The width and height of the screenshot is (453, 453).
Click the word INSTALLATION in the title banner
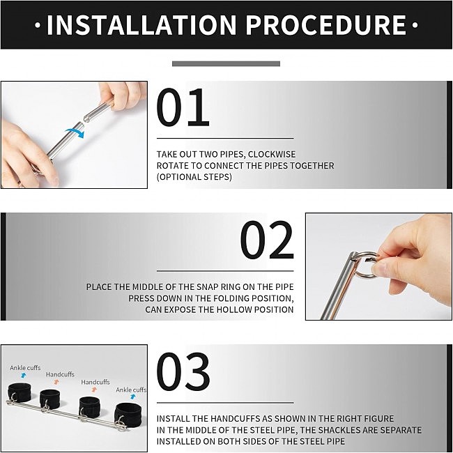141,25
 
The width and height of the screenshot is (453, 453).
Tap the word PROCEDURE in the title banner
326,25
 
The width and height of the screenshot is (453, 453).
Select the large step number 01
183,107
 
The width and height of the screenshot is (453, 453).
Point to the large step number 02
267,240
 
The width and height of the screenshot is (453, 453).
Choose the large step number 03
183,371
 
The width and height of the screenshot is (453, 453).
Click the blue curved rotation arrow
75,132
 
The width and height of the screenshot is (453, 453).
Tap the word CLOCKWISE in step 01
272,154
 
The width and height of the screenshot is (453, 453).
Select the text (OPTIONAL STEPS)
194,176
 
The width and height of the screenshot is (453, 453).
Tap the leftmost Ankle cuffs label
25,368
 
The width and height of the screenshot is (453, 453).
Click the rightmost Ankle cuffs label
131,390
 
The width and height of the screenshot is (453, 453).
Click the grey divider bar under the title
226,63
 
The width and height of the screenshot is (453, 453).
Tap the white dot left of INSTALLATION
38,25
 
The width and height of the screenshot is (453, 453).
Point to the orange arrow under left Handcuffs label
56,382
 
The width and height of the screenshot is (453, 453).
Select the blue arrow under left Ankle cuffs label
24,375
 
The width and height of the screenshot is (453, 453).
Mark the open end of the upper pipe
86,118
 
